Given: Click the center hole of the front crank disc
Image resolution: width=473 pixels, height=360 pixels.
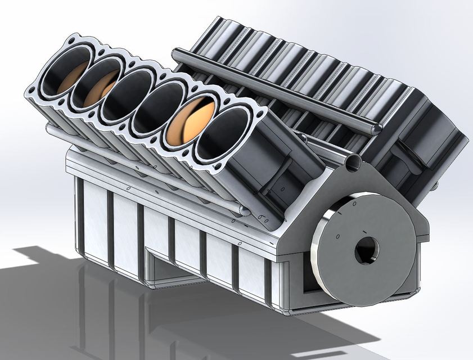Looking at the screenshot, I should pos(366,249).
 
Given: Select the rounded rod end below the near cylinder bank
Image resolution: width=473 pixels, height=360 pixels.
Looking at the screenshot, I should pos(245,210).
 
